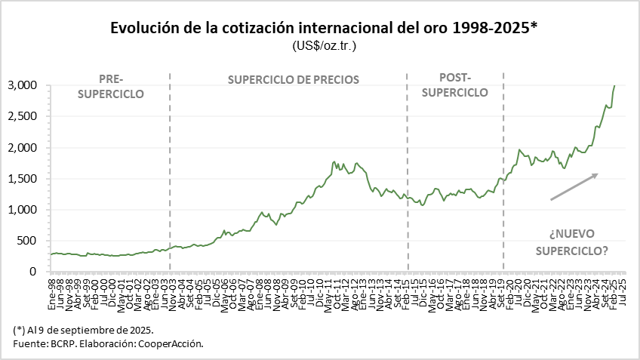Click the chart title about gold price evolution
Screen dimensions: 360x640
pyautogui.click(x=324, y=29)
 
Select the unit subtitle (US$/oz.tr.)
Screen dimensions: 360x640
pyautogui.click(x=324, y=46)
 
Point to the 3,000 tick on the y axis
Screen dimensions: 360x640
pyautogui.click(x=22, y=85)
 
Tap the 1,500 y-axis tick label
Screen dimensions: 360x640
pyautogui.click(x=22, y=178)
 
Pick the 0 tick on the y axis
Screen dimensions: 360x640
pyautogui.click(x=33, y=271)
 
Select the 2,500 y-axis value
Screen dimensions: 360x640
pyautogui.click(x=22, y=116)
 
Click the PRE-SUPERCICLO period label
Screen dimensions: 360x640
pyautogui.click(x=110, y=85)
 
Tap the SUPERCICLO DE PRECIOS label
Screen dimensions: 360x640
pyautogui.click(x=293, y=79)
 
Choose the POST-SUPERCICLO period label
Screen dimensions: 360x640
pyautogui.click(x=454, y=85)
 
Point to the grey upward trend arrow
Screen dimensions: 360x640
pyautogui.click(x=574, y=186)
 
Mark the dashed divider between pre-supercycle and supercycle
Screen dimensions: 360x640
pyautogui.click(x=170, y=174)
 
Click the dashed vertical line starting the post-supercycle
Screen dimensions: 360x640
pyautogui.click(x=408, y=174)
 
